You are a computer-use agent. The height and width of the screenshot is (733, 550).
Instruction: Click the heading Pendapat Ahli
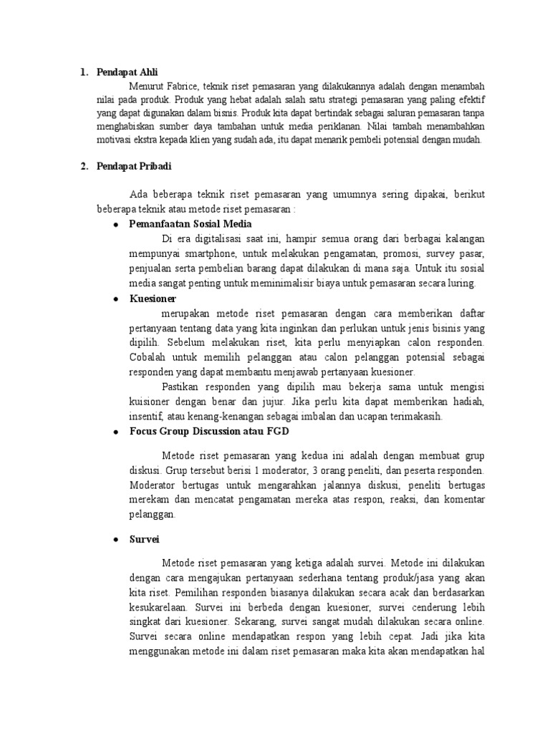(128, 72)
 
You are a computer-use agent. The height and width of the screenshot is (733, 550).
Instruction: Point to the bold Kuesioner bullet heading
(153, 298)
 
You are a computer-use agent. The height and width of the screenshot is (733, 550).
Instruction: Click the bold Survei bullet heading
(144, 538)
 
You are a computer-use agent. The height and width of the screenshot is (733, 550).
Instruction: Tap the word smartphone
(208, 254)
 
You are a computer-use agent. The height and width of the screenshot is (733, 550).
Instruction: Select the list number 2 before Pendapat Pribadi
(84, 166)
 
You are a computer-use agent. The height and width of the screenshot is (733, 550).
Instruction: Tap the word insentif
(145, 417)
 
